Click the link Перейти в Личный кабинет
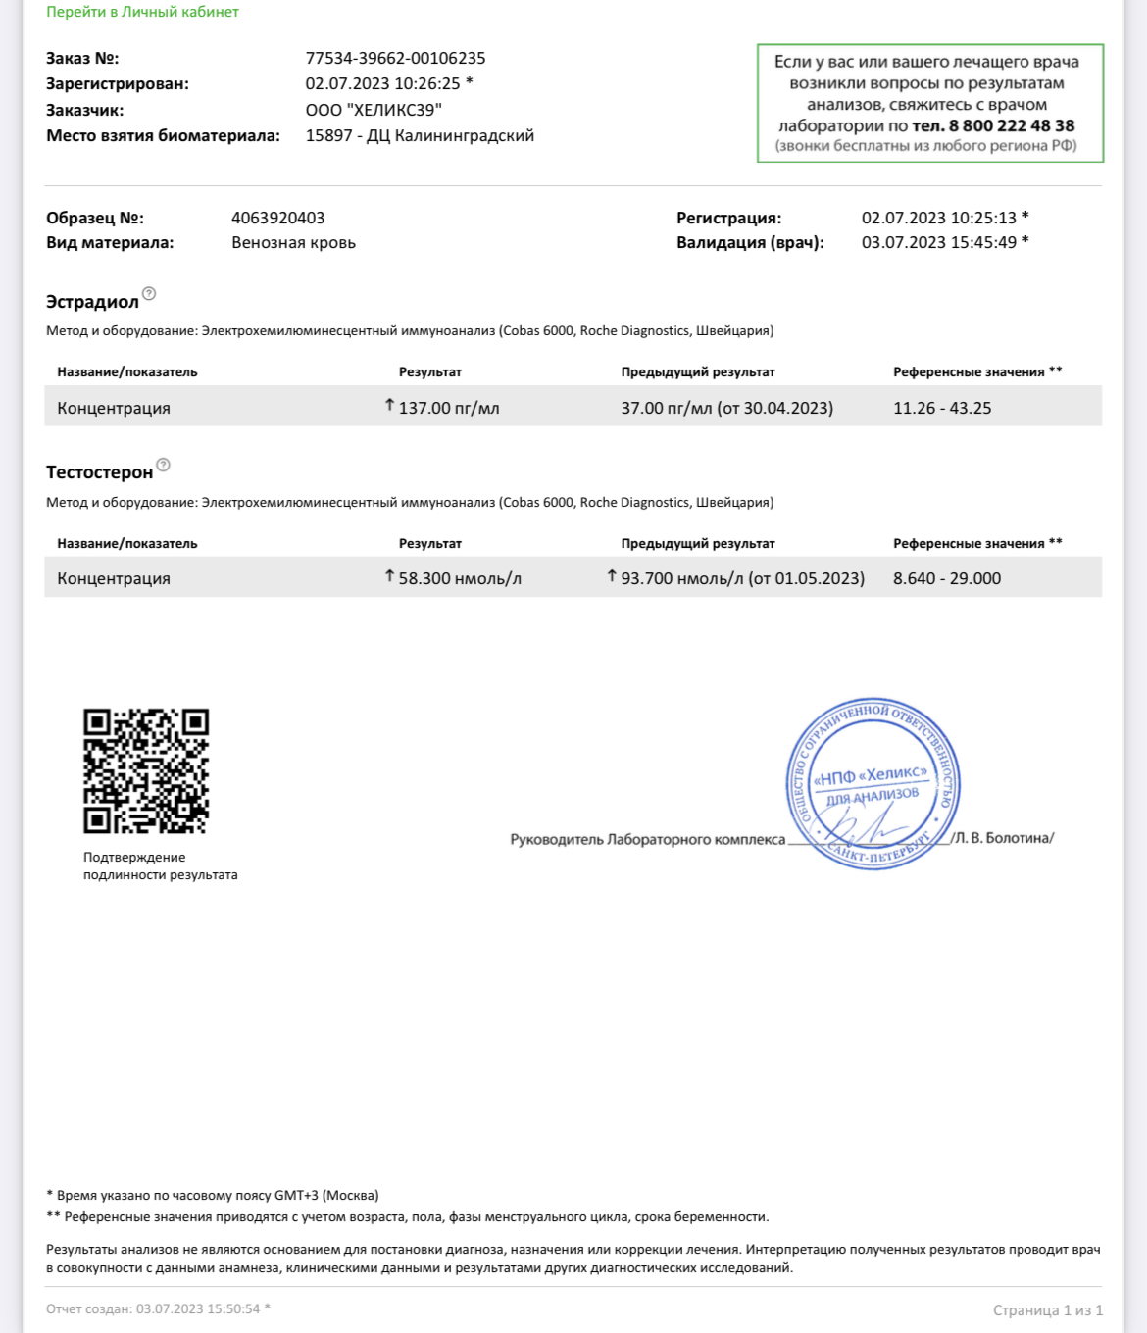point(142,12)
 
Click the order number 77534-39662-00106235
point(395,58)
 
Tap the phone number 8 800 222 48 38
point(1011,125)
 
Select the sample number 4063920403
point(277,218)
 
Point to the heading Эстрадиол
point(92,302)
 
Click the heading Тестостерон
point(99,472)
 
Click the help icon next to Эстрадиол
point(149,293)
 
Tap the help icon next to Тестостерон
point(164,465)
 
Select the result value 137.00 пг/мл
point(449,408)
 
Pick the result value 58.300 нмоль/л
point(460,578)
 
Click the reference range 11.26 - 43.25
point(942,408)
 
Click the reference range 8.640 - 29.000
point(947,578)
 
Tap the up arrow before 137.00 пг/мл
point(389,405)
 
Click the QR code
point(146,771)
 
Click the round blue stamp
point(873,784)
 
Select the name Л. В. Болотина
point(1003,838)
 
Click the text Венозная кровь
point(293,242)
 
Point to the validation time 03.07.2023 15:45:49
point(939,242)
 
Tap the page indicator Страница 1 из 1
point(1047,1310)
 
